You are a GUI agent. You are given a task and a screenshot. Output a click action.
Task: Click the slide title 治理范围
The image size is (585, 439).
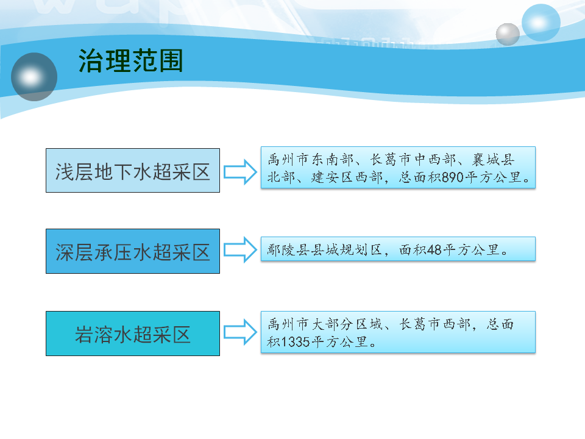(130, 60)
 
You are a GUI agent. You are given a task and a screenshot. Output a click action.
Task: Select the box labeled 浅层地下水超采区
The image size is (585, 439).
(133, 171)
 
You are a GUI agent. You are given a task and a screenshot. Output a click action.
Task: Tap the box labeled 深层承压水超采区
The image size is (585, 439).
(133, 251)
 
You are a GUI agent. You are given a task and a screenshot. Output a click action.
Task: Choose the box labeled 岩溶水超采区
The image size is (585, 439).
(133, 334)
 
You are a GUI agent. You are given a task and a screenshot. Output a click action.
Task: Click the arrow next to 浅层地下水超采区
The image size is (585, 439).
(240, 172)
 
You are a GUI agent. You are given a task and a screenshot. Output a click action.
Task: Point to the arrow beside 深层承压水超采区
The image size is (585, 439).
(240, 250)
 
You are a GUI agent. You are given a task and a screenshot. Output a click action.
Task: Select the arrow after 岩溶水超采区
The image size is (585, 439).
(240, 332)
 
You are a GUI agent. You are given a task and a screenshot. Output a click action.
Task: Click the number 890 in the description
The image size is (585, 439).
(453, 177)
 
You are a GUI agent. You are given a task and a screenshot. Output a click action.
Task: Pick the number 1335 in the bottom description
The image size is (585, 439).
(295, 341)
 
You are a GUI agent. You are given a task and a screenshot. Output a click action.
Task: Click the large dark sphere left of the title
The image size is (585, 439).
(34, 77)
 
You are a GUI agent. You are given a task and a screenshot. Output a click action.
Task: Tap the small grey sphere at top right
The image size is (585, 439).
(508, 34)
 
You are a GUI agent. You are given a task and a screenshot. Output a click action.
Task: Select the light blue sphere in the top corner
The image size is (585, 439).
(541, 23)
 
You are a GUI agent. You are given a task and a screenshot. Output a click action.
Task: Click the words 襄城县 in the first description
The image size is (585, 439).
(493, 160)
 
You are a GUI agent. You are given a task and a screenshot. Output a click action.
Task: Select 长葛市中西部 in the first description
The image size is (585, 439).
(413, 160)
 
